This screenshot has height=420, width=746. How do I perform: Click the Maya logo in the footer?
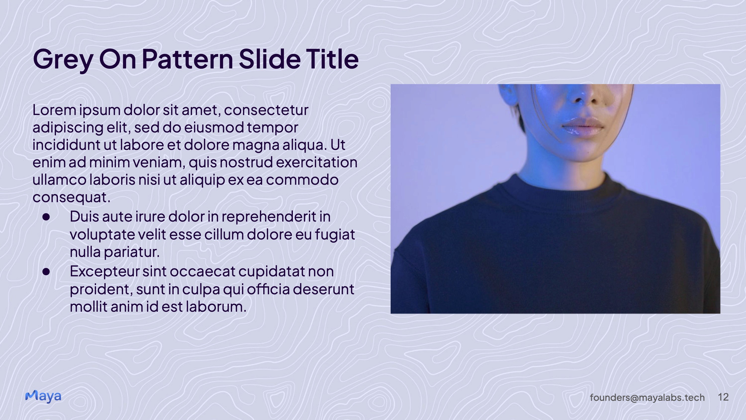tap(43, 397)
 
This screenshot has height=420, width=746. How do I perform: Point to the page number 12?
tap(723, 397)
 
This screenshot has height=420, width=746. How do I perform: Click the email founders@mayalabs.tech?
tap(647, 398)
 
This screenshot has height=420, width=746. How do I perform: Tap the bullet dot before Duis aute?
tap(46, 217)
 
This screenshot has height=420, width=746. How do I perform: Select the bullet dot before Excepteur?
tap(46, 272)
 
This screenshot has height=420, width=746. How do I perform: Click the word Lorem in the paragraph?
tap(54, 110)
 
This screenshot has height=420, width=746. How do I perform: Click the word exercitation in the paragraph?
tap(317, 162)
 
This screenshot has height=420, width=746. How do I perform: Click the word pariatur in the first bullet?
tap(132, 252)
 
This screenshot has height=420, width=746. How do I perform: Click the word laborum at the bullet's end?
tap(216, 307)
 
